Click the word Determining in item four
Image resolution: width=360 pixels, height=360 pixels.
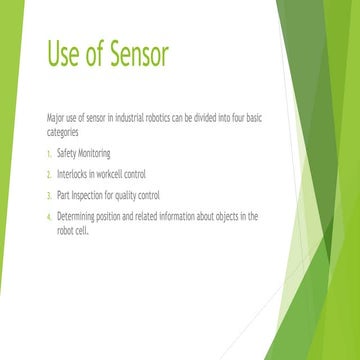pos(79,215)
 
